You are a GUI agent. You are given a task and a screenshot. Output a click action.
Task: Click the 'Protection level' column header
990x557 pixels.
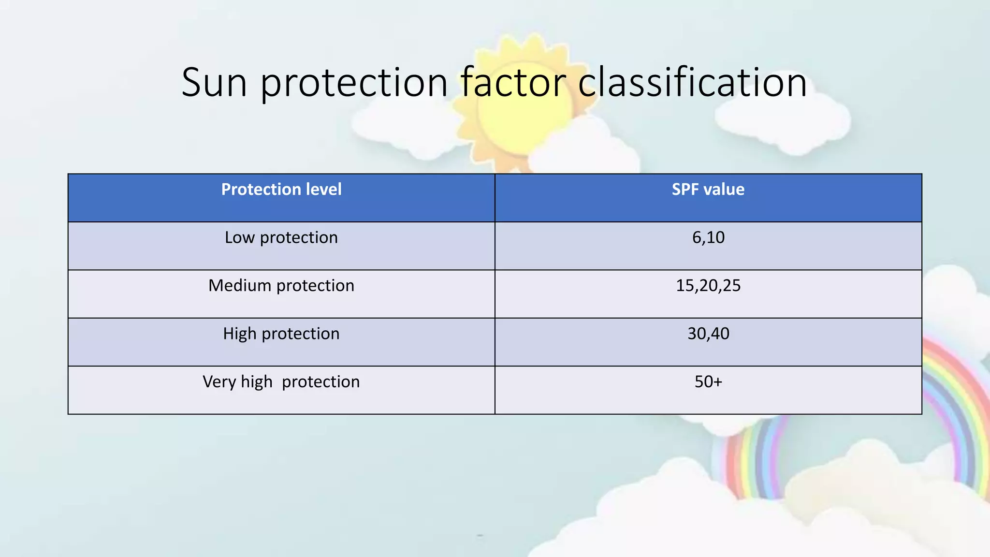(x=281, y=190)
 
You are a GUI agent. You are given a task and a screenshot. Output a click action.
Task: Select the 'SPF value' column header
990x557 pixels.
(x=708, y=190)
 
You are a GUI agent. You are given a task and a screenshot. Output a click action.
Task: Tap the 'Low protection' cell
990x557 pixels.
(x=281, y=238)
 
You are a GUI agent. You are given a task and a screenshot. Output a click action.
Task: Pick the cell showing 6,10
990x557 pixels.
(x=708, y=237)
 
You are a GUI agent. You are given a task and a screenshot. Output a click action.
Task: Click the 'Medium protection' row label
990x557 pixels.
(x=281, y=286)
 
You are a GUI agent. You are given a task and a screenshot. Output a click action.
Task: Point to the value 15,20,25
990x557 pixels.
(x=708, y=286)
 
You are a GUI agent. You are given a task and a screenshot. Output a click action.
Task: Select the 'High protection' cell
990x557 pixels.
(x=281, y=334)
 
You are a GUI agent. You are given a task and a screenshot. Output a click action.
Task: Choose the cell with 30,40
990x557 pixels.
(x=708, y=334)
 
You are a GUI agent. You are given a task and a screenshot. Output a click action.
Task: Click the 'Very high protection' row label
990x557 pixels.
(x=281, y=382)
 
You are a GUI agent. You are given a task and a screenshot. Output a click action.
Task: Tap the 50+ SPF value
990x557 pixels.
(x=708, y=382)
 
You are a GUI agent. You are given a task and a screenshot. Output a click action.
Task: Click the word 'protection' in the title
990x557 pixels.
(x=354, y=83)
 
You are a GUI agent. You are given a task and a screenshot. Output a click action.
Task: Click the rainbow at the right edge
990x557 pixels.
(x=955, y=411)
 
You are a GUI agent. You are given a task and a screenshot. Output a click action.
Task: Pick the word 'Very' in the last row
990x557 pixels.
(x=218, y=382)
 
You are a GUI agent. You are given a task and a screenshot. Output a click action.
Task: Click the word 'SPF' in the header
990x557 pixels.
(x=684, y=190)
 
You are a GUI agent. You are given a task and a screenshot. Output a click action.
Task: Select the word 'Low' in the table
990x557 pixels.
(x=239, y=237)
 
